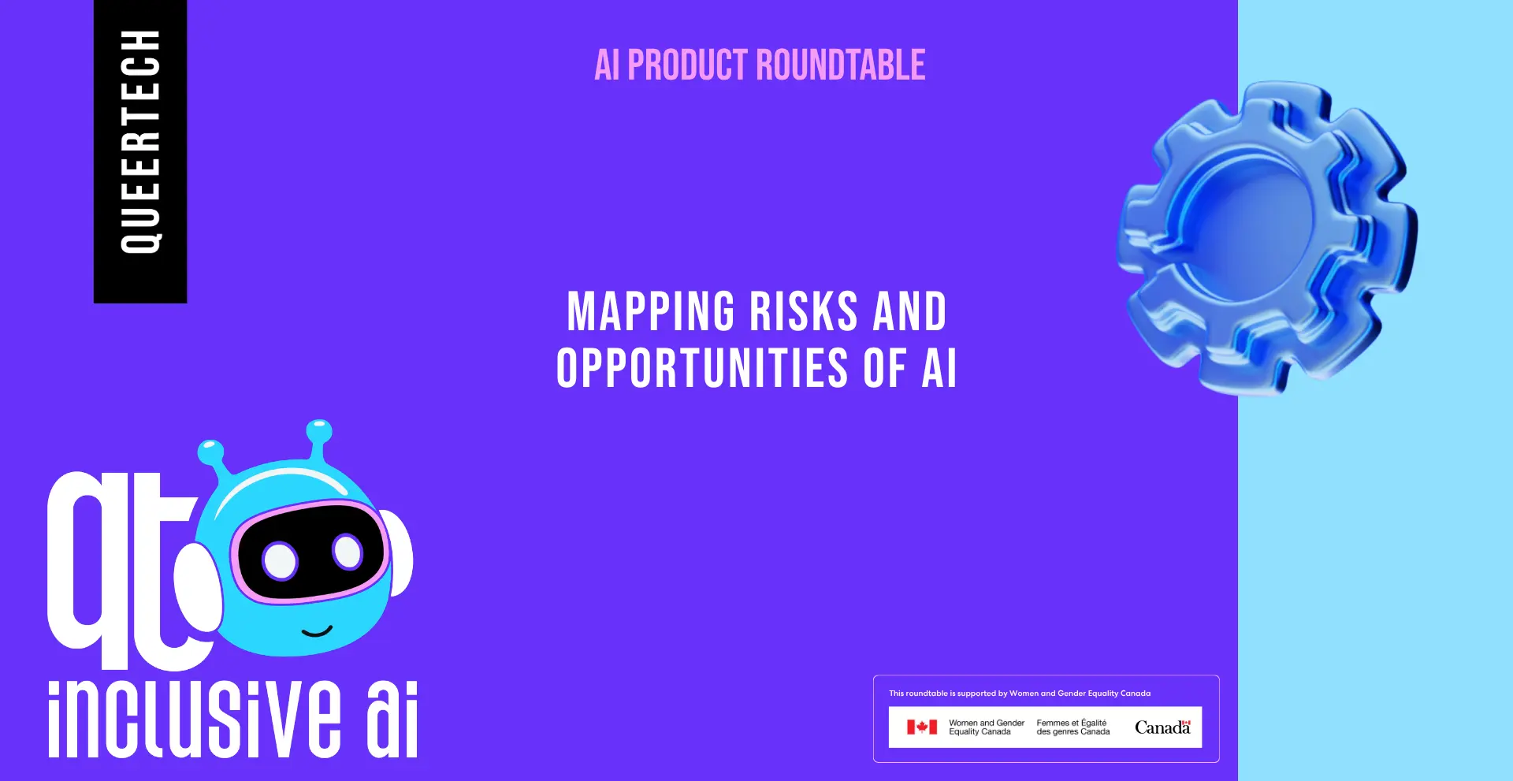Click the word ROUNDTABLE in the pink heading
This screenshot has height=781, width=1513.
[x=841, y=65]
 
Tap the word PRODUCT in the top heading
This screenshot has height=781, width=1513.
[x=687, y=65]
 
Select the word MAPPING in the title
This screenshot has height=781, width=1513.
[x=651, y=311]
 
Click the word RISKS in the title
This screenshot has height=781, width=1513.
[x=803, y=311]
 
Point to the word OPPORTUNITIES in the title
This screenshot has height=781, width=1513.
[x=702, y=368]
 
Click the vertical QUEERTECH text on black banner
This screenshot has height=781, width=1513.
[x=140, y=142]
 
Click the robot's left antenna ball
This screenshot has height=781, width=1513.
[x=210, y=452]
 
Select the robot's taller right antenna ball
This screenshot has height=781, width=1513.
[x=318, y=431]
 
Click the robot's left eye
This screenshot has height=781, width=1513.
[x=280, y=561]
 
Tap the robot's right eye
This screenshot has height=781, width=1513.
[x=347, y=551]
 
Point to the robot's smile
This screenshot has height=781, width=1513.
[x=317, y=630]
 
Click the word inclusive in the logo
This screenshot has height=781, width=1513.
[x=195, y=718]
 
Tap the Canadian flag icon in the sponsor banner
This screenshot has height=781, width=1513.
[x=922, y=727]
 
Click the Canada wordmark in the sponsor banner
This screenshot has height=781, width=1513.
[x=1162, y=727]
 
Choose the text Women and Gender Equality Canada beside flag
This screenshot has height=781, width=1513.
[x=987, y=727]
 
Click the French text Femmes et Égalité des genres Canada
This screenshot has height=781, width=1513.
[x=1073, y=727]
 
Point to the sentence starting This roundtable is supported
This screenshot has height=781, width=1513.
[x=1020, y=694]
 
